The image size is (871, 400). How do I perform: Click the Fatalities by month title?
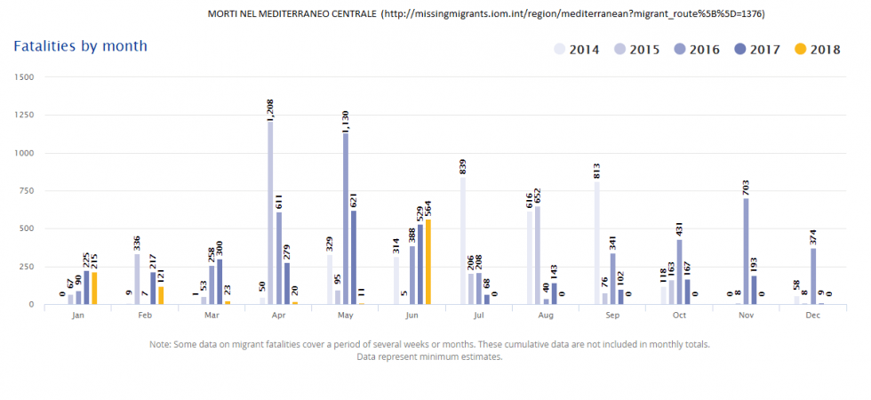coord(80,45)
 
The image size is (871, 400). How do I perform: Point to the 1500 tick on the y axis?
coord(24,77)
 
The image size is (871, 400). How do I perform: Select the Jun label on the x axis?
coord(412,315)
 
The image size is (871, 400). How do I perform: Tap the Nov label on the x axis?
coord(747,315)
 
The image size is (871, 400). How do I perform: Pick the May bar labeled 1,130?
coord(345,218)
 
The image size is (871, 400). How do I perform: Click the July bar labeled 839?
coord(463,240)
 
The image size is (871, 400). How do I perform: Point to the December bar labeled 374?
coord(813,276)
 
